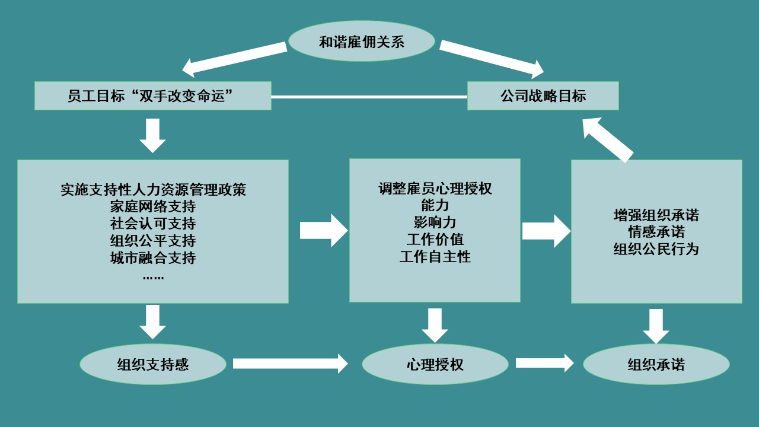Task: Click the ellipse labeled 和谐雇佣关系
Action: pyautogui.click(x=361, y=42)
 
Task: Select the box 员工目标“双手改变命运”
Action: pyautogui.click(x=152, y=96)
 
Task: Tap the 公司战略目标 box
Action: pyautogui.click(x=543, y=96)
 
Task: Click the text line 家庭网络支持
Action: pyautogui.click(x=153, y=207)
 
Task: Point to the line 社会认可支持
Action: pyautogui.click(x=153, y=224)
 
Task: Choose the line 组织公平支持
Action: pyautogui.click(x=153, y=241)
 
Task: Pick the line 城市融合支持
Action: pyautogui.click(x=153, y=259)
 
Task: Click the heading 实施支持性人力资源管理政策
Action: pyautogui.click(x=153, y=190)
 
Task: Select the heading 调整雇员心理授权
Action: pyautogui.click(x=435, y=189)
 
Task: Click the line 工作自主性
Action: pyautogui.click(x=435, y=257)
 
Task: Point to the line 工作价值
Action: pyautogui.click(x=435, y=240)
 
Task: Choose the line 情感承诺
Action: pyautogui.click(x=656, y=232)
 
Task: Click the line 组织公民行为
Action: pyautogui.click(x=656, y=249)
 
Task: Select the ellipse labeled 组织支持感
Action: pyautogui.click(x=153, y=364)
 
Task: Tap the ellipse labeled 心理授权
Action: pyautogui.click(x=435, y=364)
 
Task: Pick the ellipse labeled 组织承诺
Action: pyautogui.click(x=656, y=364)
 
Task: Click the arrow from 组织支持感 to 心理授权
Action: pyautogui.click(x=290, y=364)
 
